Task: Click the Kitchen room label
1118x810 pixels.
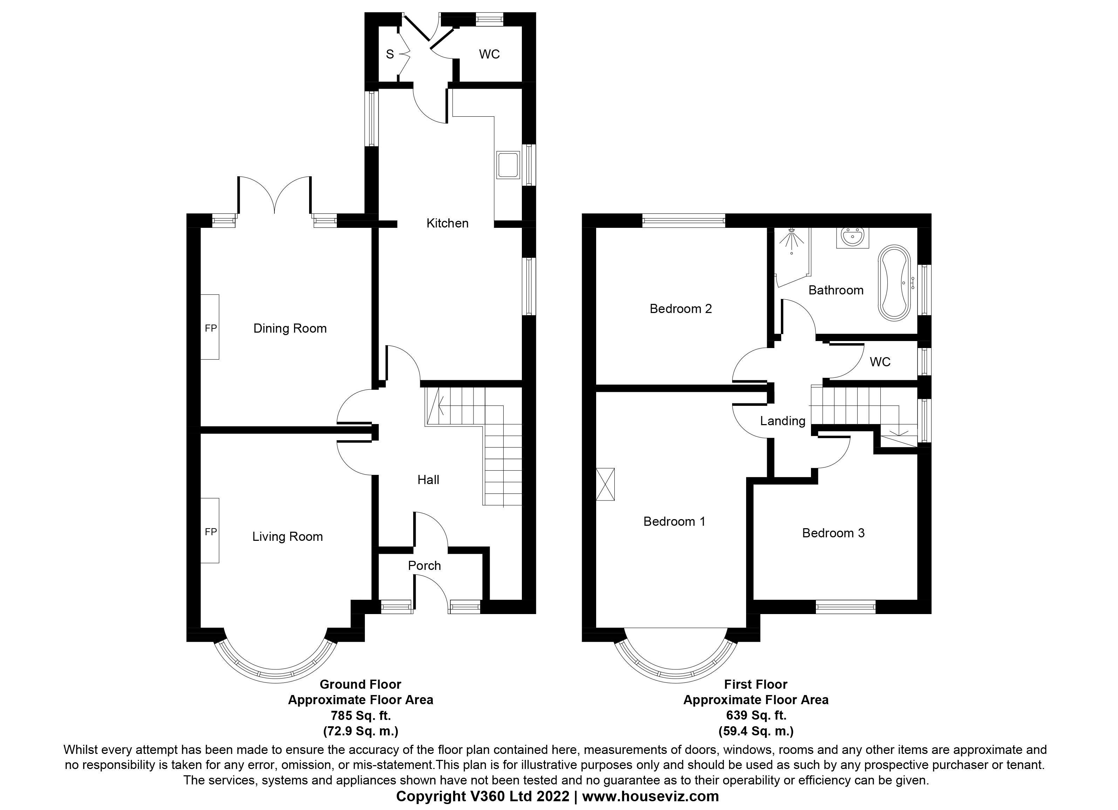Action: [x=447, y=223]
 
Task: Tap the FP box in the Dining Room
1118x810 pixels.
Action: [x=210, y=327]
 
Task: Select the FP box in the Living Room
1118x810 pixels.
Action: [x=210, y=531]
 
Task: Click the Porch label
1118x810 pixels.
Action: [x=424, y=565]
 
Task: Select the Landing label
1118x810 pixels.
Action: [x=782, y=421]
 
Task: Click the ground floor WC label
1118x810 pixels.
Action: [x=489, y=54]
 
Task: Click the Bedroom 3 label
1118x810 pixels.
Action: [x=833, y=533]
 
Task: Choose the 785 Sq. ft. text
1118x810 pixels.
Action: [x=360, y=715]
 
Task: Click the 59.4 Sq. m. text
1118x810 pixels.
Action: [x=756, y=731]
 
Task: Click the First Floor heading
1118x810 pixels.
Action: [x=756, y=684]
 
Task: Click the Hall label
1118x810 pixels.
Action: [x=428, y=480]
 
